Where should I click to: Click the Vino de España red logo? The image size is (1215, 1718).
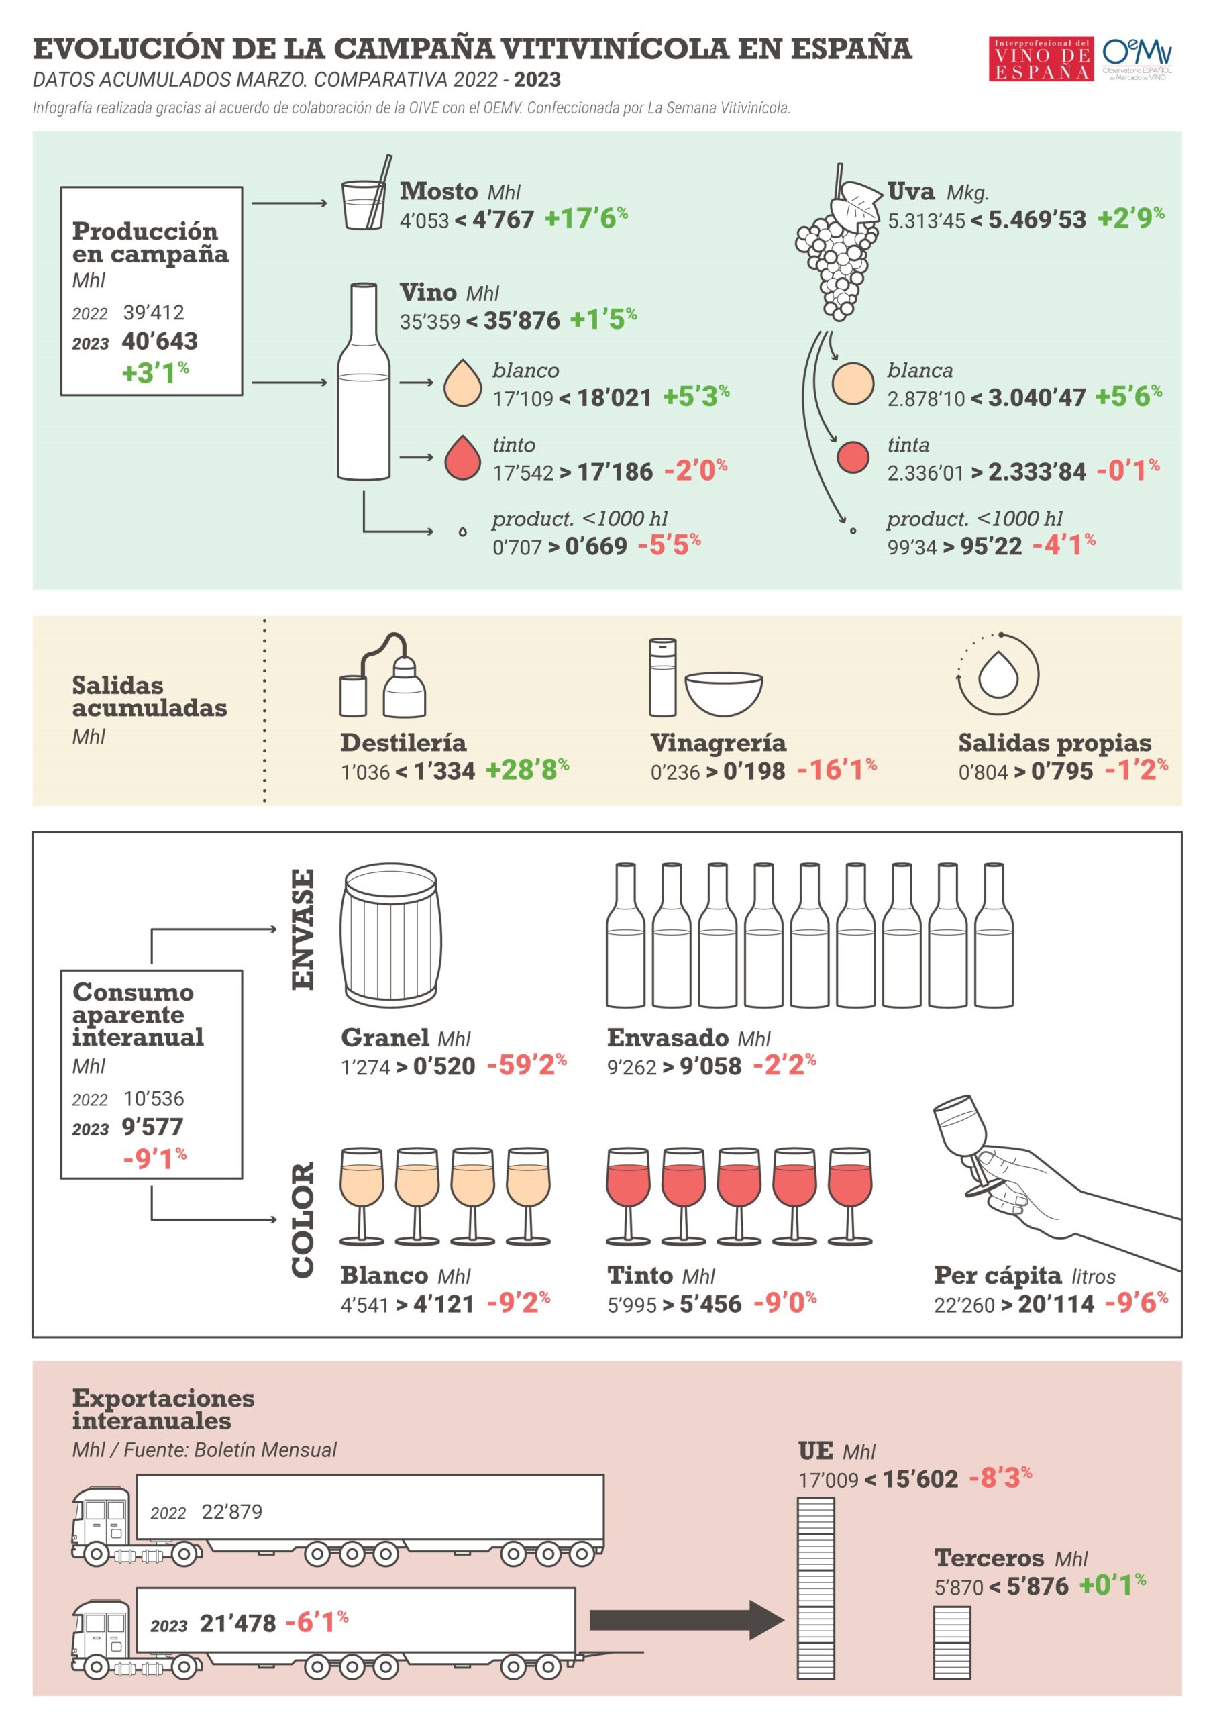[x=1041, y=58]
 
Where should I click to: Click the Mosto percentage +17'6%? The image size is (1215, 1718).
[x=586, y=219]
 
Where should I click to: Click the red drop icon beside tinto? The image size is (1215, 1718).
[x=462, y=457]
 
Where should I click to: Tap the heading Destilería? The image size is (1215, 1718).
[x=403, y=742]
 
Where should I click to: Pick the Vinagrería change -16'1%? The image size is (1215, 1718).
[x=837, y=770]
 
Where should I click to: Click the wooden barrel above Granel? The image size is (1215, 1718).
[x=390, y=936]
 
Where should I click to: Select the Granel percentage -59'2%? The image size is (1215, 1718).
[x=527, y=1065]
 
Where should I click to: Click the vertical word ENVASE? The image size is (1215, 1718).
[x=303, y=929]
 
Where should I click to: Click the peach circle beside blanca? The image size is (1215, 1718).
[x=853, y=384]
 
